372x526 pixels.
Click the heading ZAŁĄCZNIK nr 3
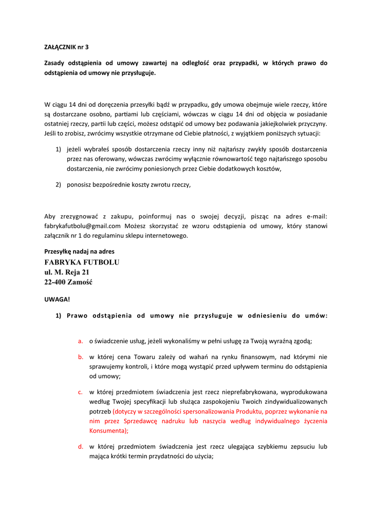66,47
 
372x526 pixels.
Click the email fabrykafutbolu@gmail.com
82,226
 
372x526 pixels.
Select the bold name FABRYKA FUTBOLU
82,262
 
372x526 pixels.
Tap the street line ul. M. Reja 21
67,272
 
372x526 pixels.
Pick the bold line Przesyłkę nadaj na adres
79,251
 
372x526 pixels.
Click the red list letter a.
81,341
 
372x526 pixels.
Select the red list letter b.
81,356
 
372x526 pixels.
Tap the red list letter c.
81,392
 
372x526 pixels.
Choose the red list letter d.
81,446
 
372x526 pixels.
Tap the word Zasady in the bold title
56,63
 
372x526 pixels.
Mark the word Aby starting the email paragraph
50,216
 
